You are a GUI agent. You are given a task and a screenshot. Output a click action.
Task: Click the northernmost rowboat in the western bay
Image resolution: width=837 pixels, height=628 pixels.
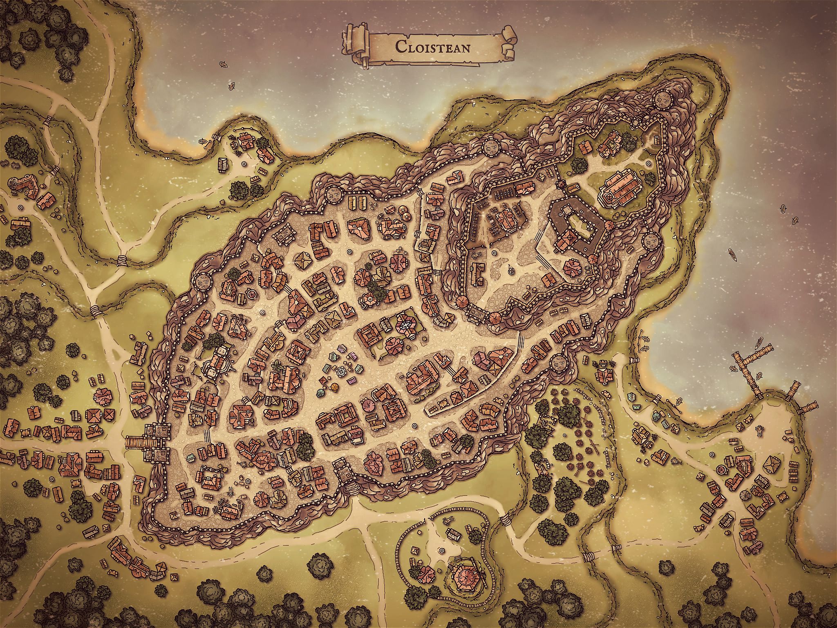pyautogui.click(x=223, y=65)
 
